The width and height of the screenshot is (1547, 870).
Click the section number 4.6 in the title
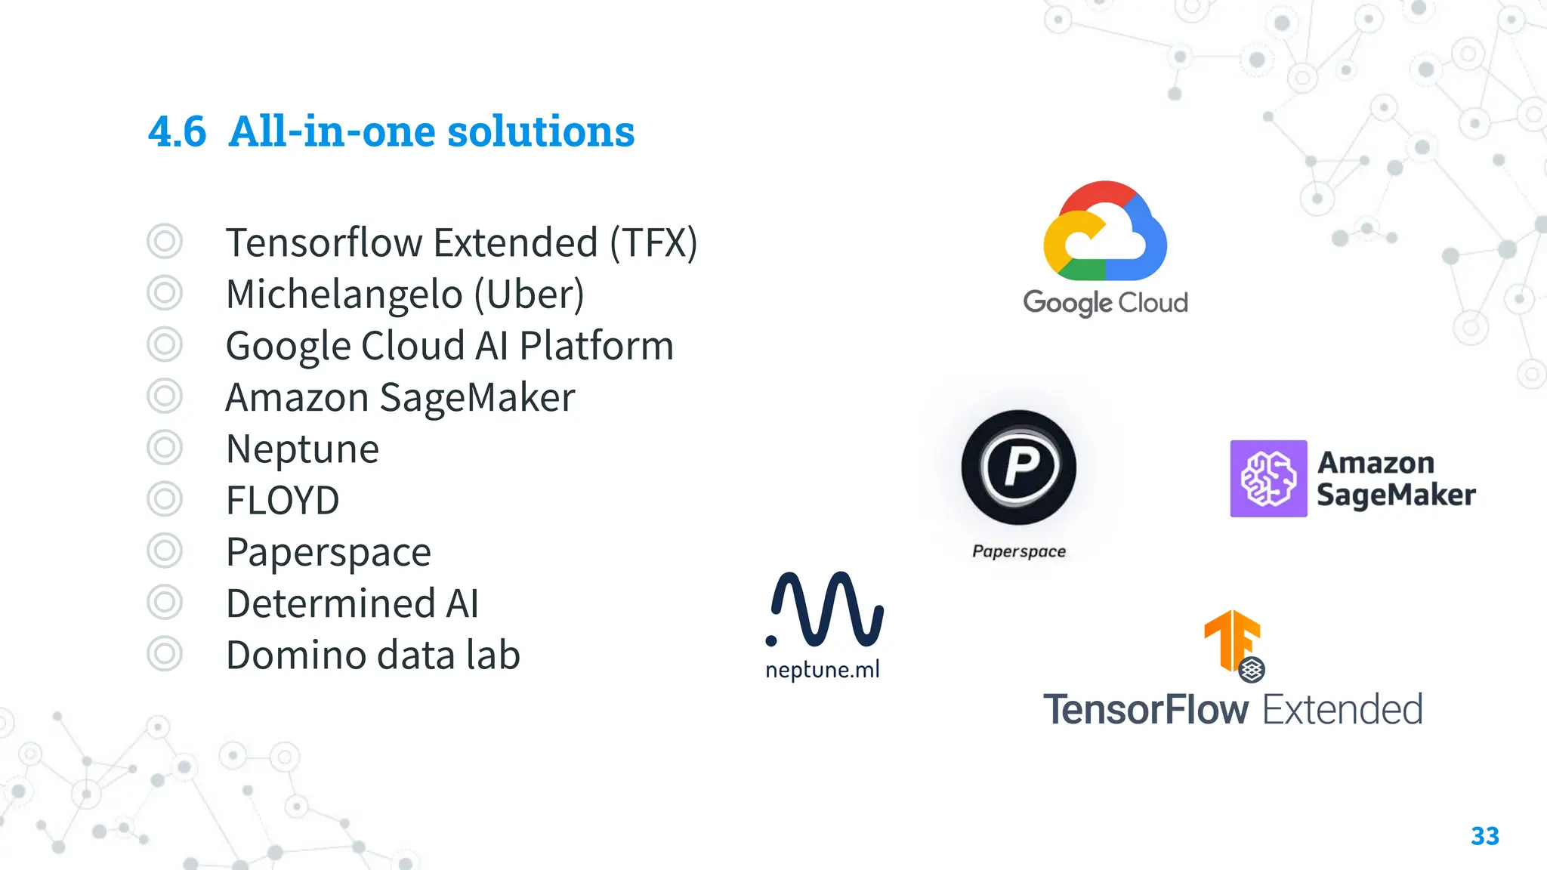(x=177, y=132)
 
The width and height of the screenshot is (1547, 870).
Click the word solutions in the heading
(x=541, y=132)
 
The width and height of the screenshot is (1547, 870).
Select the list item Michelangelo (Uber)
(x=405, y=294)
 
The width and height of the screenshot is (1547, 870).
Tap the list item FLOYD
(x=283, y=500)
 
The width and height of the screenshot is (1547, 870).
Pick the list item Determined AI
(x=352, y=603)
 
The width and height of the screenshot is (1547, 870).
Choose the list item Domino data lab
(x=373, y=655)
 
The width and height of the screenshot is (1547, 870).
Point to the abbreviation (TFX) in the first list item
(x=654, y=243)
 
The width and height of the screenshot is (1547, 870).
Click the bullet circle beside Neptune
(x=165, y=448)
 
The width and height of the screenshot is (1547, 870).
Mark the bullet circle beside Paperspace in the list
(x=165, y=551)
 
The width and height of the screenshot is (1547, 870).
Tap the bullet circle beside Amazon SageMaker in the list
(x=165, y=396)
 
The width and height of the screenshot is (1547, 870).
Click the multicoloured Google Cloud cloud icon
(x=1105, y=231)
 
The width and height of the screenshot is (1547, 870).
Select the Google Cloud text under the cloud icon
(x=1105, y=303)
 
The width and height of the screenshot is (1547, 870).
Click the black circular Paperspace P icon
(x=1019, y=467)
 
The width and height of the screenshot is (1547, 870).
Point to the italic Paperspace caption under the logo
(x=1019, y=551)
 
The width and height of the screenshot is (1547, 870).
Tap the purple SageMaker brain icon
(x=1268, y=479)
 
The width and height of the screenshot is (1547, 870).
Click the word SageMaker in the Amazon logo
(x=1396, y=495)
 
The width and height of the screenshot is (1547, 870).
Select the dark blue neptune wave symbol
(x=825, y=609)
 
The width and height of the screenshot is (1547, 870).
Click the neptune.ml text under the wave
(x=823, y=670)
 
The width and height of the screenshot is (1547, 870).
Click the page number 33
(x=1484, y=836)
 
